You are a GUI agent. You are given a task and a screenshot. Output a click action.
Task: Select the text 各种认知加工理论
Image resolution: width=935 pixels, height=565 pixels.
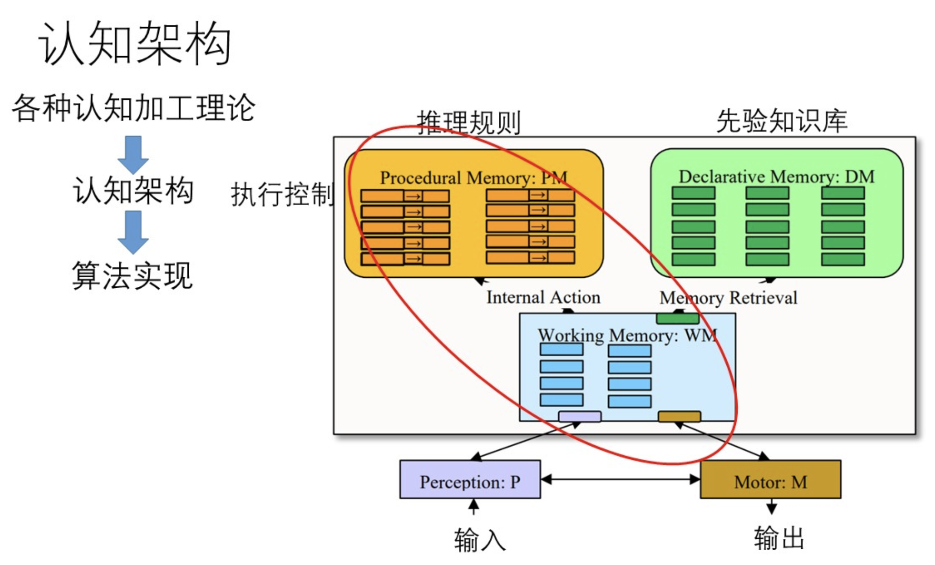coord(133,108)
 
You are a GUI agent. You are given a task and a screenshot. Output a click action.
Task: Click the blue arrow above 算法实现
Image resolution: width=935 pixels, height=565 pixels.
coord(133,232)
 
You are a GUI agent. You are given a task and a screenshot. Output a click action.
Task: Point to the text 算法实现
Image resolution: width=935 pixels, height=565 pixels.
coord(132,275)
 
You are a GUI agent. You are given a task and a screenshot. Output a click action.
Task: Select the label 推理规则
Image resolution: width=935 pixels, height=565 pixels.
coord(469,122)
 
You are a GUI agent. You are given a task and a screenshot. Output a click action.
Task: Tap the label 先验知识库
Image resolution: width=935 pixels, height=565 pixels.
coord(781,121)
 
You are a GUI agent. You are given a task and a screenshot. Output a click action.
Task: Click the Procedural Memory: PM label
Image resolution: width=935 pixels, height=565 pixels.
coord(473,178)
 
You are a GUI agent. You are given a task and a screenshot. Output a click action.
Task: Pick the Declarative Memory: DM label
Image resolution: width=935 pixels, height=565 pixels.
coord(776,176)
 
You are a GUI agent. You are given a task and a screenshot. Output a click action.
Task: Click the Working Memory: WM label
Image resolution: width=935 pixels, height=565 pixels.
coord(627,335)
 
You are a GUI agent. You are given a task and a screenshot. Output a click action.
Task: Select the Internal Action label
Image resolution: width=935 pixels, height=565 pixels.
coord(543,297)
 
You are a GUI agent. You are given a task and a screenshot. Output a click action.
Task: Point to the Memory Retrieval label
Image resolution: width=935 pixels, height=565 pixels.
coord(728,298)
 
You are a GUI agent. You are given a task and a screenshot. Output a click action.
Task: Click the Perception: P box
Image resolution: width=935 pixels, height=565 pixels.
coord(470,479)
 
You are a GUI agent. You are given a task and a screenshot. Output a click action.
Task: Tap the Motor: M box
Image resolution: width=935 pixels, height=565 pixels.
coord(770,479)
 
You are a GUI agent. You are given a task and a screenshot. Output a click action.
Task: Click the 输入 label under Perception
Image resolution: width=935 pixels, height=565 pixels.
coord(479,540)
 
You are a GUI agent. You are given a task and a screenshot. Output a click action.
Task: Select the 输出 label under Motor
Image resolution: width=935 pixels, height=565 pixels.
coord(779,538)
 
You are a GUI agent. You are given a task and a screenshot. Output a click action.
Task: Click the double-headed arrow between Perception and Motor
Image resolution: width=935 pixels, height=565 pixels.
coord(620,479)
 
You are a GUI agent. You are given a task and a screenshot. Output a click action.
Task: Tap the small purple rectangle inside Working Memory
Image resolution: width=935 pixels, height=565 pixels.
coord(579,417)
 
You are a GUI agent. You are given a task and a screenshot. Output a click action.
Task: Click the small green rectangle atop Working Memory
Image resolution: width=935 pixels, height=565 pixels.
coord(677,318)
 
